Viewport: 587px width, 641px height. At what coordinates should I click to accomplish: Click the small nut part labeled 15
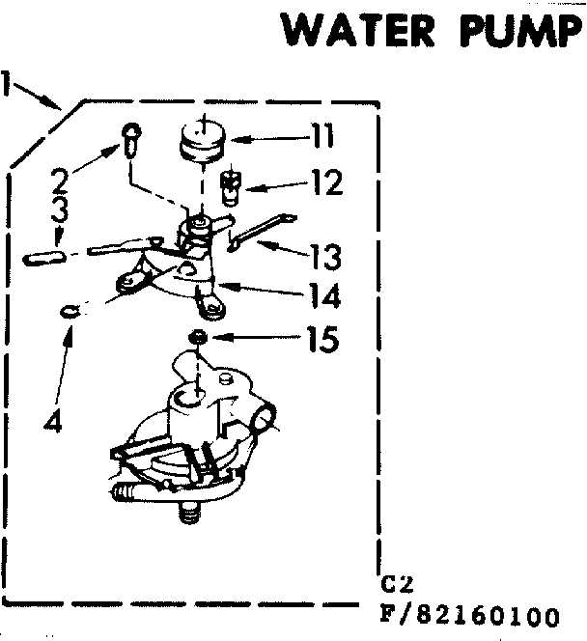coord(199,337)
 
